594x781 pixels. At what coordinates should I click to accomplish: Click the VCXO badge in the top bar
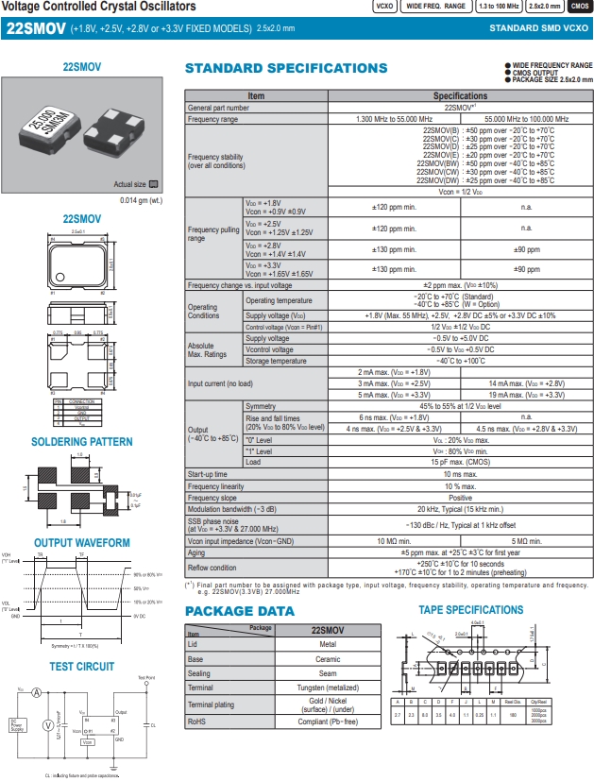(383, 7)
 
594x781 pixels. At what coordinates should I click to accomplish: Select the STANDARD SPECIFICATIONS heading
(285, 69)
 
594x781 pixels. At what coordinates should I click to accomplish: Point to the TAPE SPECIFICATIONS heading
(469, 610)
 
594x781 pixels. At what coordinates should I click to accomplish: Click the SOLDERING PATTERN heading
(82, 442)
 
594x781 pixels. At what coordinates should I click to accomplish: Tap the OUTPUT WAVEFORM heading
(82, 543)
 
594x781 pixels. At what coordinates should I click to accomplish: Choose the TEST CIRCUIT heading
(82, 667)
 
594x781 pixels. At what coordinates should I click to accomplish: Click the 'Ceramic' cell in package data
(327, 659)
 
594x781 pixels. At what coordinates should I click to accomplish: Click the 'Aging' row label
(197, 552)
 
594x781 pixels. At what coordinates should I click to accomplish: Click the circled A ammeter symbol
(37, 692)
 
